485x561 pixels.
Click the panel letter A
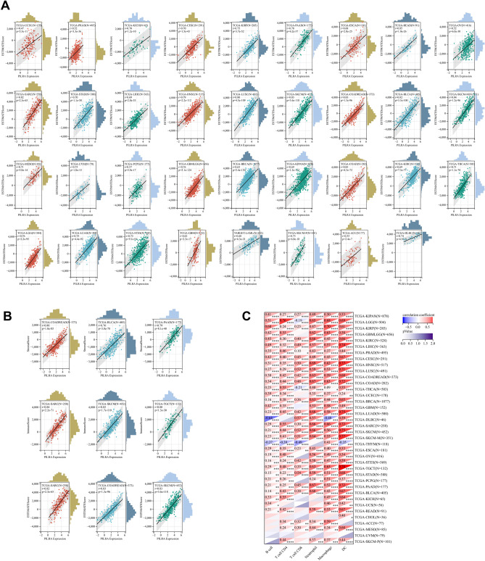click(6, 5)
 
